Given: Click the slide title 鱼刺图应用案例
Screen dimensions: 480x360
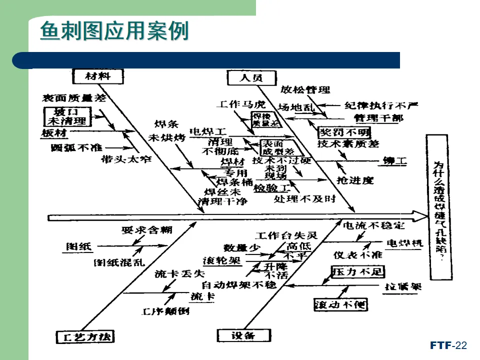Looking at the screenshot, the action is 114,31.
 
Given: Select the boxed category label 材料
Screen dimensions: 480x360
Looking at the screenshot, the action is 98,76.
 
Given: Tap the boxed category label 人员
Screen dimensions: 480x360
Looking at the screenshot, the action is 251,77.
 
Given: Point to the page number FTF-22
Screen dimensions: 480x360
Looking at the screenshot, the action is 448,345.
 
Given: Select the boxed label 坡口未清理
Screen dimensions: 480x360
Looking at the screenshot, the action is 67,116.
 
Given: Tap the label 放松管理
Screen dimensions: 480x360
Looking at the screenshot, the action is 305,90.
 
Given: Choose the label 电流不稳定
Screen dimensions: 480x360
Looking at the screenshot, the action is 372,226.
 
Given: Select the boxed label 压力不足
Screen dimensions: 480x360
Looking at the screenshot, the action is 357,271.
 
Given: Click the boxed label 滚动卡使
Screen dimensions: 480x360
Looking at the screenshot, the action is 340,304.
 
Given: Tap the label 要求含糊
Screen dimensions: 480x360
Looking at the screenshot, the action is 147,229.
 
